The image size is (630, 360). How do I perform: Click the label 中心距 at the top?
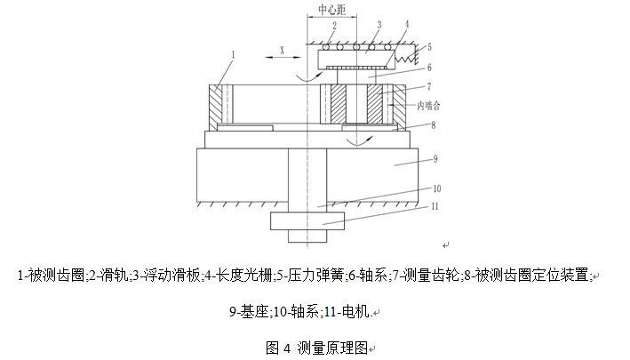pos(338,12)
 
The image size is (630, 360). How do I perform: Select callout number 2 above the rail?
pos(335,26)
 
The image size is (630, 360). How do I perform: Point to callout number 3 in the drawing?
pos(378,25)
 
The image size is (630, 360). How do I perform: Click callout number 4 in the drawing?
pos(407,24)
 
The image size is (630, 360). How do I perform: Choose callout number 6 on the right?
pos(428,67)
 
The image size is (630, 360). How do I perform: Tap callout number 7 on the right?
pos(428,86)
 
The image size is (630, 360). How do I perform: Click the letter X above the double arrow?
pos(282,52)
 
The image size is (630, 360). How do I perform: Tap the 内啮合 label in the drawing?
pos(428,105)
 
